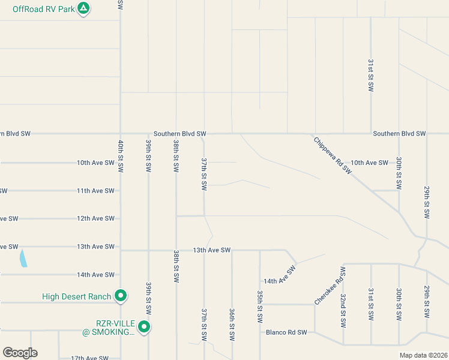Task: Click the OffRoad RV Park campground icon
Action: (x=84, y=9)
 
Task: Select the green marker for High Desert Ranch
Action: (x=120, y=296)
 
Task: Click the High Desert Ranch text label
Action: (x=76, y=296)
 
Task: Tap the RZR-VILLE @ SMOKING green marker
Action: (x=144, y=327)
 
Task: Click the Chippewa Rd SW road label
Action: (x=333, y=155)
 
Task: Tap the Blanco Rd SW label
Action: (x=286, y=332)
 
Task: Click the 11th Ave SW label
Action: (x=95, y=191)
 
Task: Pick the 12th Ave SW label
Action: (x=95, y=218)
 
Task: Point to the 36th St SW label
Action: (x=232, y=325)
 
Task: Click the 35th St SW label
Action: (x=260, y=306)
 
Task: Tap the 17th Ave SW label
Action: (x=89, y=358)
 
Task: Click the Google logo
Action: (x=20, y=353)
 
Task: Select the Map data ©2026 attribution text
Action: (x=423, y=355)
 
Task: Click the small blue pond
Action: (x=23, y=259)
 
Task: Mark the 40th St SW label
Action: (x=121, y=156)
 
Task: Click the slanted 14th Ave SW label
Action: (x=280, y=273)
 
